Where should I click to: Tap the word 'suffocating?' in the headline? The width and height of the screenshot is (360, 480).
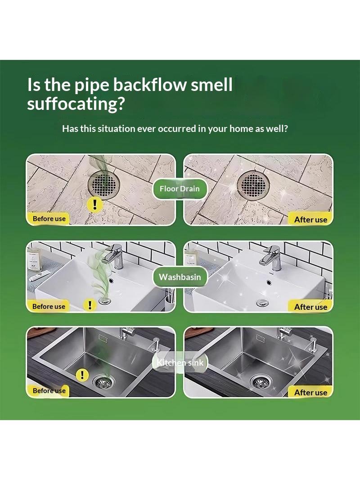pos(76,104)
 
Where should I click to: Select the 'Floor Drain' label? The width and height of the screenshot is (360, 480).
pos(180,189)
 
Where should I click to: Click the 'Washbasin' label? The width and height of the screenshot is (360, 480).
pos(180,277)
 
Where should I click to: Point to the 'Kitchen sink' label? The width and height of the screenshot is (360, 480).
pos(180,363)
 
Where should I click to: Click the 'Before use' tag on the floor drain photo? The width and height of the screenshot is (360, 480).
pos(49,218)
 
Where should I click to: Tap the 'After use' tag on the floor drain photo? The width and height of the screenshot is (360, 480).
pos(310,219)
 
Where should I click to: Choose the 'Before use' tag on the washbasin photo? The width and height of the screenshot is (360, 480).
pos(49,307)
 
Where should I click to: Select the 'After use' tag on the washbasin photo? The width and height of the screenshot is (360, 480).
pos(310,307)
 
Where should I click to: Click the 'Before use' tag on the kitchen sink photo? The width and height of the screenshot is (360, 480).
pos(49,390)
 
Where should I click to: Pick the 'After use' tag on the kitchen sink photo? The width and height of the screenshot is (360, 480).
pos(310,393)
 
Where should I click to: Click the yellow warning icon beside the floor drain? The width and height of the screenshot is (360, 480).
pos(95,204)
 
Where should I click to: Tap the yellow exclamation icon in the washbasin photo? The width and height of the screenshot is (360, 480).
pos(90,305)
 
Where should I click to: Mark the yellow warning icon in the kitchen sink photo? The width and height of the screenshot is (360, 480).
pos(81,374)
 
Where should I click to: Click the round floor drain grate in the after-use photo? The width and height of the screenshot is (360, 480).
pos(253,184)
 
